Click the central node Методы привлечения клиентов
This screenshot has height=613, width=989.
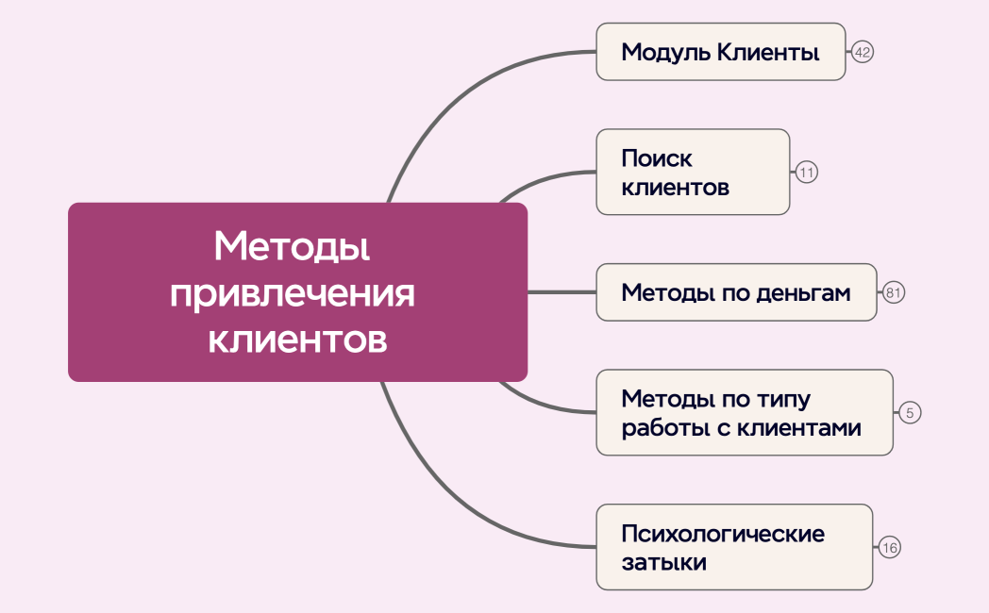297,292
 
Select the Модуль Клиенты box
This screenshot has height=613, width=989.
721,52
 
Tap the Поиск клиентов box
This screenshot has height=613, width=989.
693,172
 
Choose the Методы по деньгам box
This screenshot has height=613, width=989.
736,292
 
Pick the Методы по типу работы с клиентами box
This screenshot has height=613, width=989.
744,412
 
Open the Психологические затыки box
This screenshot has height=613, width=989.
733,547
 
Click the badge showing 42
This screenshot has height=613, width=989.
862,52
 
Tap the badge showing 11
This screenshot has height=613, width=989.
806,173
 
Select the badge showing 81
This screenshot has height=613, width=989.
894,292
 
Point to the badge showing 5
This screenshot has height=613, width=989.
909,412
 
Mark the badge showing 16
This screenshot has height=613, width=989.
890,547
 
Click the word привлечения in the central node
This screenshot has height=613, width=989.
293,293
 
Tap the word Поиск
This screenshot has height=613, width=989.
657,158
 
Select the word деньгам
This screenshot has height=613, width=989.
803,293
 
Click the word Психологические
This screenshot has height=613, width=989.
723,534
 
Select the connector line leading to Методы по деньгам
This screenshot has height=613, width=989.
562,292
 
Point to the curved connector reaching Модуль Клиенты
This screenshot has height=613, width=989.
453,104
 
